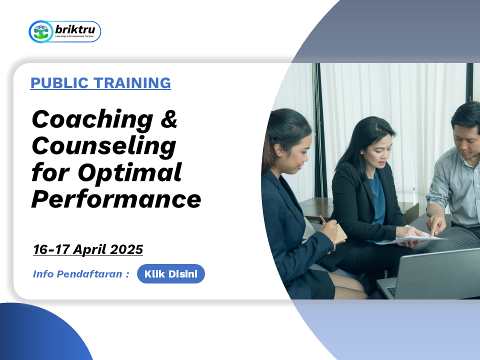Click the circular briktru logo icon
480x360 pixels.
point(41,31)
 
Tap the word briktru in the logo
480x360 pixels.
point(75,29)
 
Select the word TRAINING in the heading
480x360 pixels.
point(132,83)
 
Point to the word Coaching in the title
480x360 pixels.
point(92,120)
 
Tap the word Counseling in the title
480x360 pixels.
point(104,146)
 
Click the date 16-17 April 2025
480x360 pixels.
point(88,249)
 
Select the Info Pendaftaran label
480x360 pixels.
point(81,273)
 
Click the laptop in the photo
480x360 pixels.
point(428,274)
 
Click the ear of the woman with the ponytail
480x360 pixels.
point(278,150)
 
